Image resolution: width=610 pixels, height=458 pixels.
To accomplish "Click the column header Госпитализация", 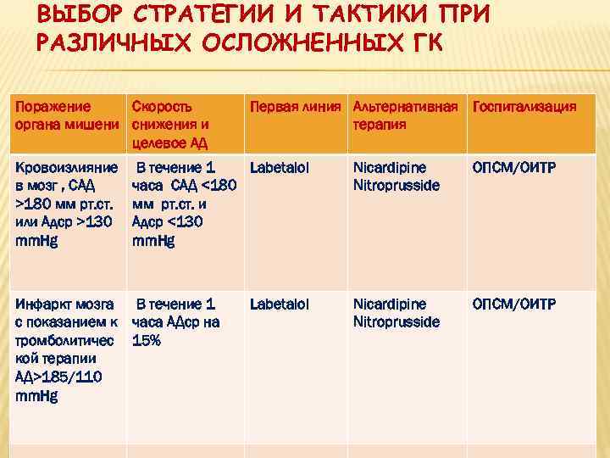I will (524, 107).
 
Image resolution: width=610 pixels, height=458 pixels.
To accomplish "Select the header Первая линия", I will (297, 107).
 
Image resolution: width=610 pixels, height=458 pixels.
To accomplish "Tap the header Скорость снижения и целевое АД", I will (171, 124).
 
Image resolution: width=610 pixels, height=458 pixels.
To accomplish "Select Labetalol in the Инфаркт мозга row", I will (279, 304).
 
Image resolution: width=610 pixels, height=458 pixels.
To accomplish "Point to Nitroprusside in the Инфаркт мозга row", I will (396, 322).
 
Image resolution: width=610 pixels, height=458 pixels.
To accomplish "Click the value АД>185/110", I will (56, 377).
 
